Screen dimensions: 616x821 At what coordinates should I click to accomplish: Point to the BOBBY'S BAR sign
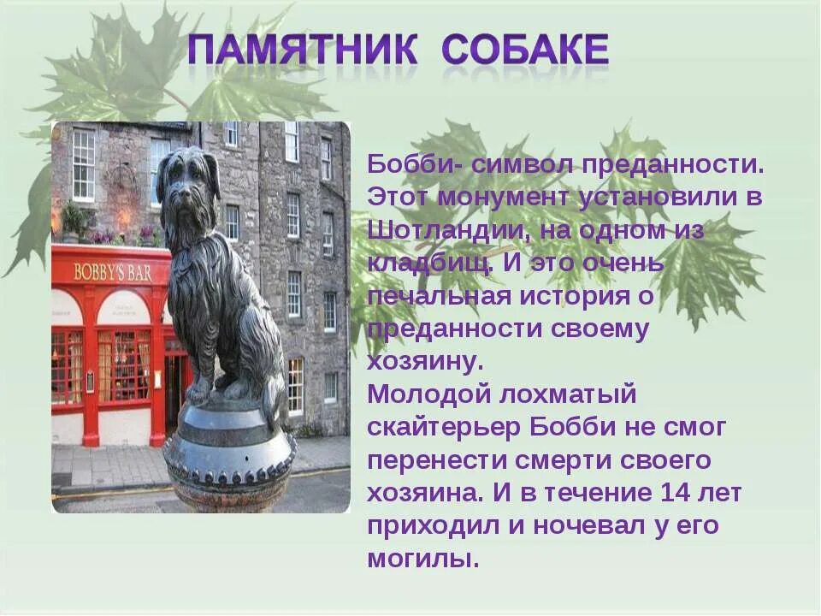point(113,272)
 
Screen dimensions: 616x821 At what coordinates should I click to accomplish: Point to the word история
point(564,296)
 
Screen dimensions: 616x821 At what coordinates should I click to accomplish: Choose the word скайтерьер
point(443,428)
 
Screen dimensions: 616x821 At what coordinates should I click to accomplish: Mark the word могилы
point(422,560)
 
